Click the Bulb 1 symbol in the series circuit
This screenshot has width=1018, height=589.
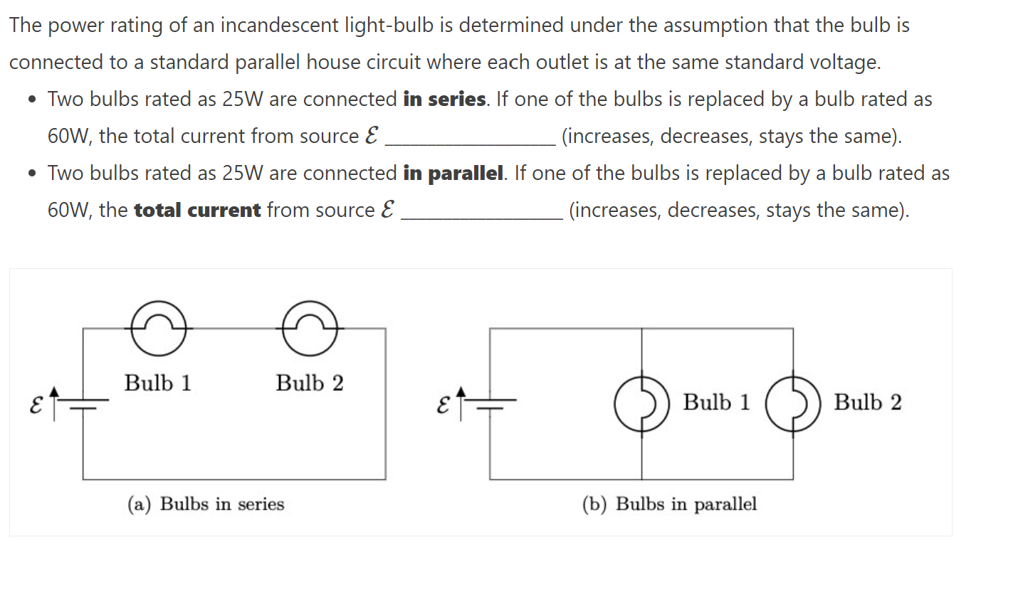coord(158,329)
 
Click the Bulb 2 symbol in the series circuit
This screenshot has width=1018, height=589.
coord(310,329)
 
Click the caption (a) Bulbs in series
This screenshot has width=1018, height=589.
coord(206,504)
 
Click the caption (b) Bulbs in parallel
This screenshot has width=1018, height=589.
coord(669,504)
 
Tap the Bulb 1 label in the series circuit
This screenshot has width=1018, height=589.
coord(158,383)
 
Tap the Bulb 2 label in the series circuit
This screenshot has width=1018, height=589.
coord(310,383)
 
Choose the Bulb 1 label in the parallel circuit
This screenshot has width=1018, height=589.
coord(717,403)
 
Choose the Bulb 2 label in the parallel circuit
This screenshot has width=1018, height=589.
coord(868,403)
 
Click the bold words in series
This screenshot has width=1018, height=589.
coord(445,100)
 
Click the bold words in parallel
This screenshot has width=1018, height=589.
coord(454,174)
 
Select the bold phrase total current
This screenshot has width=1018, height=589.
coord(197,211)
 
